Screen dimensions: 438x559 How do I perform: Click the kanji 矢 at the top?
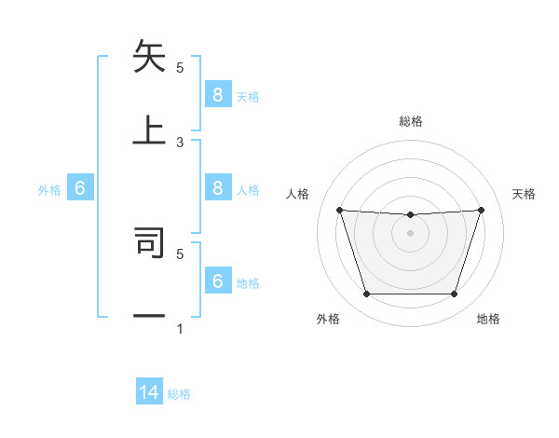click(x=149, y=58)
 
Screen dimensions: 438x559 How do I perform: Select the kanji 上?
click(x=149, y=130)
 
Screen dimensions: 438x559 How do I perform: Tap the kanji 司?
click(x=149, y=241)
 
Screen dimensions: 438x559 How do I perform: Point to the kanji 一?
click(x=149, y=316)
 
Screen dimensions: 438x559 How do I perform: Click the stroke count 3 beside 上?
click(x=180, y=142)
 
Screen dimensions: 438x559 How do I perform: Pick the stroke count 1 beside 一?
click(x=180, y=329)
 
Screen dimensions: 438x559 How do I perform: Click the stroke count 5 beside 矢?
click(x=180, y=67)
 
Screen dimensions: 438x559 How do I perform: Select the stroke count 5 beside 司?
click(x=180, y=253)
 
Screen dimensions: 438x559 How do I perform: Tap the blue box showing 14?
click(x=149, y=392)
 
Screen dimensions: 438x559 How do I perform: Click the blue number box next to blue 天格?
click(x=217, y=95)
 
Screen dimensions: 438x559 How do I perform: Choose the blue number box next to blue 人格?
click(x=217, y=188)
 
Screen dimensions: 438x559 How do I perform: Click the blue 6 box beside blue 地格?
click(x=217, y=281)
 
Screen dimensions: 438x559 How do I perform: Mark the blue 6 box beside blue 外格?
click(x=80, y=188)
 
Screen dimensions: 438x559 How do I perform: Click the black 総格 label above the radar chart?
click(x=411, y=121)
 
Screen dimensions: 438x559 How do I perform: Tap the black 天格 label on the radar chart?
click(x=524, y=194)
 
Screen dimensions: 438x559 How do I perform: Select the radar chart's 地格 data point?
click(x=454, y=294)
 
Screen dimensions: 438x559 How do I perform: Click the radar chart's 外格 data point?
click(x=366, y=294)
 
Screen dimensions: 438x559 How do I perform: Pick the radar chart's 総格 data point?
click(x=410, y=215)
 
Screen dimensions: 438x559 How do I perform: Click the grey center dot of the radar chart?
click(x=410, y=233)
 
